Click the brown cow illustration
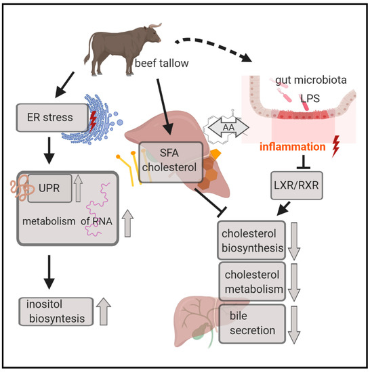126,47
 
